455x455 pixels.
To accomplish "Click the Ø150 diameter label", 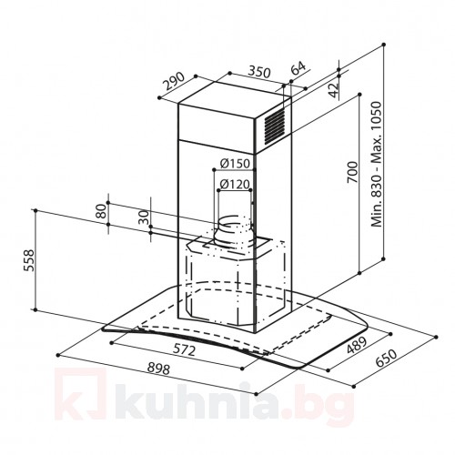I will (x=234, y=165).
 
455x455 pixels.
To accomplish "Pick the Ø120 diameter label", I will (x=234, y=185).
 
